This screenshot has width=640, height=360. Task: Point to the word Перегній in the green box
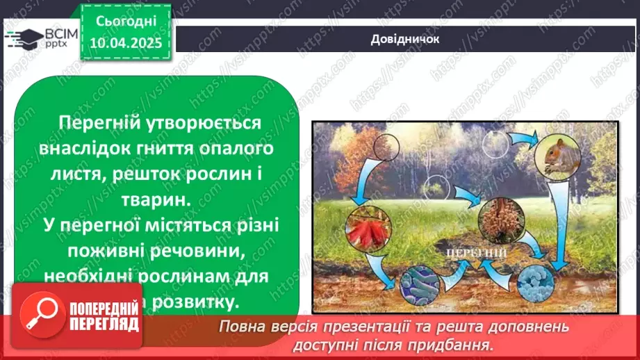click(91, 123)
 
